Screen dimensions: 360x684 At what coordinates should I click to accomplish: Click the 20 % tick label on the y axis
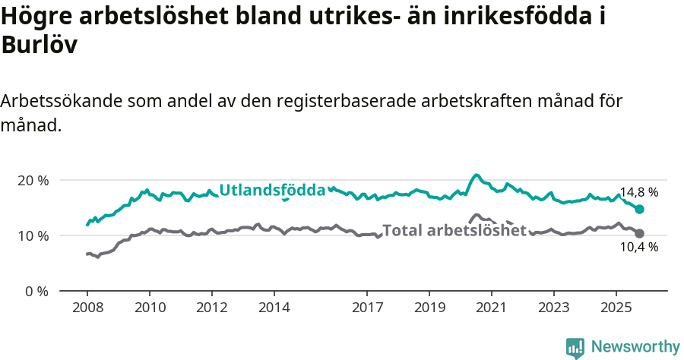[x=33, y=181]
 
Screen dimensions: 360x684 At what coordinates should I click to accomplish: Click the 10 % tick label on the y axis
[x=33, y=236]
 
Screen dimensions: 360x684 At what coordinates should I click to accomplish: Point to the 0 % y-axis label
[x=36, y=292]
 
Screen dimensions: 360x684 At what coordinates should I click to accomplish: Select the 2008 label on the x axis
[x=87, y=308]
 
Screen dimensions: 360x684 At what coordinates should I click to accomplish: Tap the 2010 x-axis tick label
[x=150, y=308]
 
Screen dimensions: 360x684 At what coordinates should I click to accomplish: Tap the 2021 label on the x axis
[x=492, y=308]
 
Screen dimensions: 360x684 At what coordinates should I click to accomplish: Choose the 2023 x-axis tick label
[x=554, y=308]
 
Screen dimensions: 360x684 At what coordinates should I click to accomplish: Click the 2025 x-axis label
[x=616, y=308]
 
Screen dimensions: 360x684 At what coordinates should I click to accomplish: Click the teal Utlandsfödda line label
[x=272, y=191]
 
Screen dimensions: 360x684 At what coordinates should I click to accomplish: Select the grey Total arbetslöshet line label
[x=454, y=230]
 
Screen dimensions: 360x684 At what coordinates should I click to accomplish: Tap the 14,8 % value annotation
[x=638, y=193]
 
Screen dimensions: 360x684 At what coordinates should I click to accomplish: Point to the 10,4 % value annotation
[x=638, y=247]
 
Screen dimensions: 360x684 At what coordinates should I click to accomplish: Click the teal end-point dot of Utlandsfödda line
[x=639, y=209]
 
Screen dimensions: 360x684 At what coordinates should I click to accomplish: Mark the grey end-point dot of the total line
[x=639, y=233]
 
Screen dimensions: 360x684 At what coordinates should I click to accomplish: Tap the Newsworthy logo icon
[x=575, y=347]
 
